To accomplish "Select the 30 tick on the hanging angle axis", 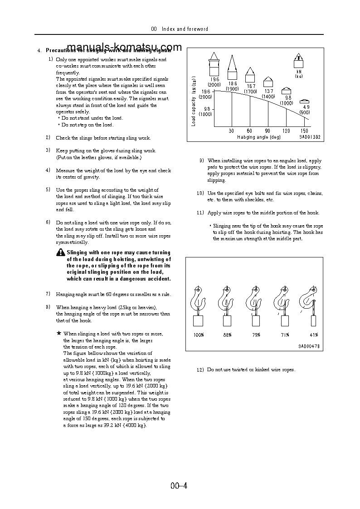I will click(232, 131).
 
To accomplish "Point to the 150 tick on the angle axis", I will click(305, 131).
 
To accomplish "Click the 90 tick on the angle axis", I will click(268, 131).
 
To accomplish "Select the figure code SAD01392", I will click(310, 136).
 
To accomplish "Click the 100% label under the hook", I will click(199, 335).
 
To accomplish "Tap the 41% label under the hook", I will click(313, 335).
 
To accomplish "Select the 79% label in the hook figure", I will click(256, 335).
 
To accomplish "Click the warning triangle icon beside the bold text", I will click(61, 252).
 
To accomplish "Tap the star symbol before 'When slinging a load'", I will click(58, 333).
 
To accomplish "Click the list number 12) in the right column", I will click(200, 370).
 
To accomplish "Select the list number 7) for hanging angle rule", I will click(48, 294).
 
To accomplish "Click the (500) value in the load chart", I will click(305, 112).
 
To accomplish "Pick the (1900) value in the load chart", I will click(232, 89).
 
